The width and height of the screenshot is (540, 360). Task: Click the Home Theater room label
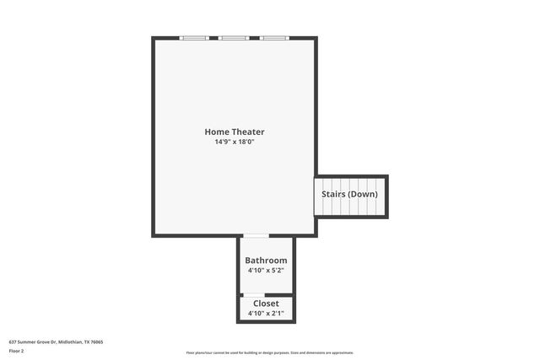[234, 132]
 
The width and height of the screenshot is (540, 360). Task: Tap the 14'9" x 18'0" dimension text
[234, 142]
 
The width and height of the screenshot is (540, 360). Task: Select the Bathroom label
[266, 261]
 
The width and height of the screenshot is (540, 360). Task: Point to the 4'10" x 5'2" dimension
[266, 271]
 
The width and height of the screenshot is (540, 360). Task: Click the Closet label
[266, 304]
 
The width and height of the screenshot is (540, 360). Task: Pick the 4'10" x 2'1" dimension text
[266, 314]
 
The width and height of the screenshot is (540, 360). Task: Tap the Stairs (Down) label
[349, 194]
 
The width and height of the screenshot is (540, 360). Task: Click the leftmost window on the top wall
[194, 38]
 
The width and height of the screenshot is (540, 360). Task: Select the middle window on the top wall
[234, 38]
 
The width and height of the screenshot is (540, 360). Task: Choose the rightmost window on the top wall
[273, 38]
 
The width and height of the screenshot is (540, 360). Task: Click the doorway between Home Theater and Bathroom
[256, 236]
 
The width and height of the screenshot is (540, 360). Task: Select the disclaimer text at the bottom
[270, 352]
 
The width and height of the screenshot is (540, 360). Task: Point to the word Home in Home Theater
[216, 132]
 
